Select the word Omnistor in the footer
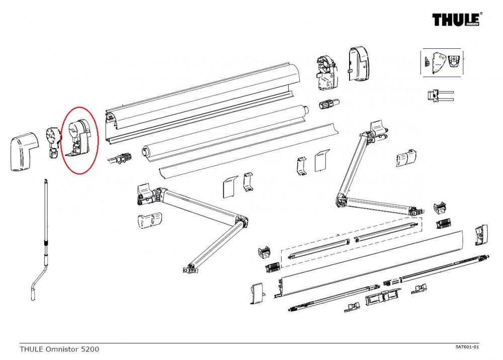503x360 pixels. [64, 348]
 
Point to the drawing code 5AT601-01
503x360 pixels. [467, 347]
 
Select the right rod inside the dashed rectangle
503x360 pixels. [385, 232]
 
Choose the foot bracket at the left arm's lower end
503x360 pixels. [190, 268]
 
